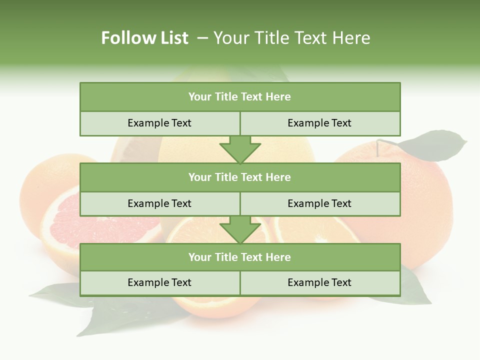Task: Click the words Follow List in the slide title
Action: [x=144, y=38]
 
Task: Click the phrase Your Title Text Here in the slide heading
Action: [x=291, y=38]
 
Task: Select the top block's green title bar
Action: [x=240, y=97]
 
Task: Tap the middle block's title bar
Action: [x=240, y=177]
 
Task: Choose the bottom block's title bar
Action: [x=240, y=257]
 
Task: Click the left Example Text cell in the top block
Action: [x=159, y=123]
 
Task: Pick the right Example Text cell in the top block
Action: [x=320, y=123]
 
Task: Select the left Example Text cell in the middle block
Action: [x=159, y=203]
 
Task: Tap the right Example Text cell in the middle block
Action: [x=320, y=203]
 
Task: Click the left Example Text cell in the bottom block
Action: [x=159, y=282]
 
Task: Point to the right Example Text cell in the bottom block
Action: [x=320, y=282]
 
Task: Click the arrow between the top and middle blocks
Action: [x=240, y=150]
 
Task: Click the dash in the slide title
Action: [x=202, y=38]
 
